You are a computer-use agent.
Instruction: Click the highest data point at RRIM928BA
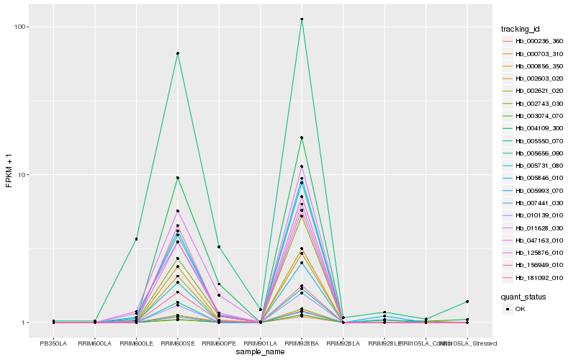(x=302, y=19)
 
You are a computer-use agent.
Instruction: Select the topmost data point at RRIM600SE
(x=177, y=53)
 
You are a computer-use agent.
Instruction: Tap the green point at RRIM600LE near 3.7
(x=136, y=239)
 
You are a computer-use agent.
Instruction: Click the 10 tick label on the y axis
(x=22, y=175)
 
